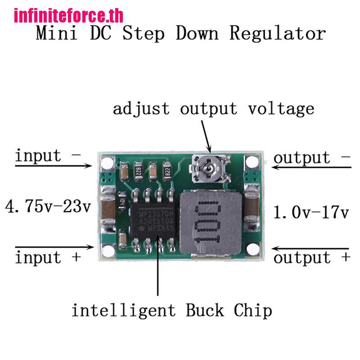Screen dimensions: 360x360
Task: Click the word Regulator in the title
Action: [x=278, y=34]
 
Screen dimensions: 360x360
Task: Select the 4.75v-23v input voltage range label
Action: [x=48, y=207]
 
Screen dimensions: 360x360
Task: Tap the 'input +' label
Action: [x=48, y=258]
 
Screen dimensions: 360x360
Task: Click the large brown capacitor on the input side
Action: [x=108, y=211]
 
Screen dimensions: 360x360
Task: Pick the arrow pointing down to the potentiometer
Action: [x=204, y=135]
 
